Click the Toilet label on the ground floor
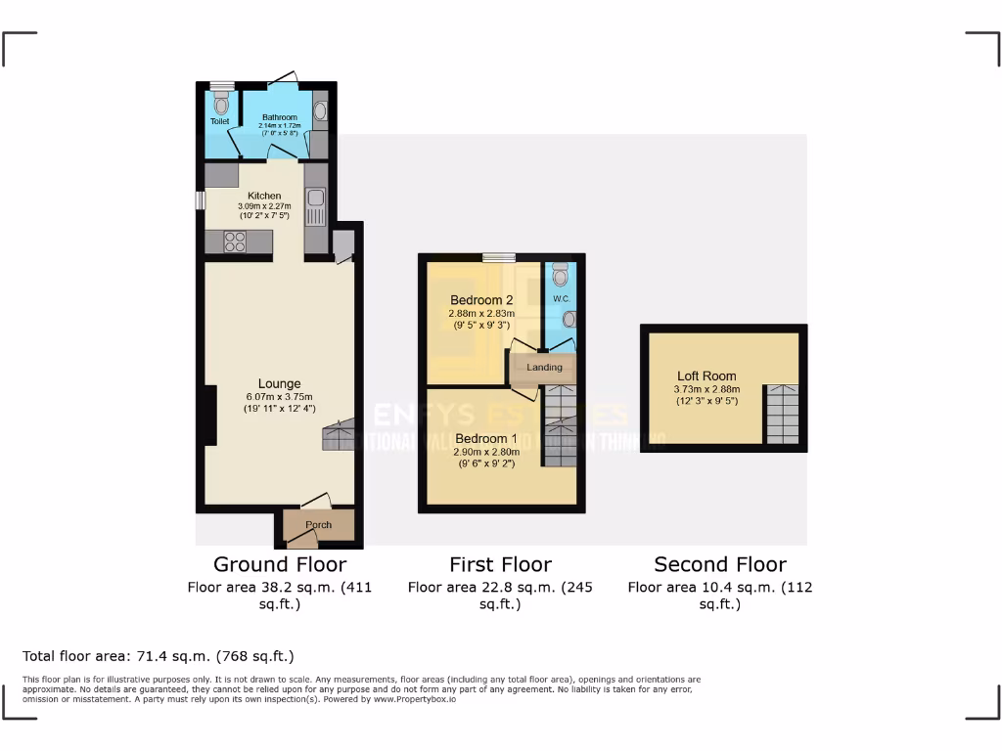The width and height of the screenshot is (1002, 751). (219, 121)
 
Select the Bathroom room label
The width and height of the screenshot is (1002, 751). (279, 117)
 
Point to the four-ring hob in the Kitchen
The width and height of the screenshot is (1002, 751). (235, 243)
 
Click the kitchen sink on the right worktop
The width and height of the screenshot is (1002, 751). (316, 205)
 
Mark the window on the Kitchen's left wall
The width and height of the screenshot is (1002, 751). (200, 199)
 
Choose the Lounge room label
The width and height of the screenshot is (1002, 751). (279, 383)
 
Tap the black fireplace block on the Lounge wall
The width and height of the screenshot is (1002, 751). (209, 417)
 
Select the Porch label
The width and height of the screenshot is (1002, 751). (318, 525)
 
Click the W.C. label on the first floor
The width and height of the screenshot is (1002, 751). (561, 298)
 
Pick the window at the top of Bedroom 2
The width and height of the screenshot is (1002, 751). (498, 257)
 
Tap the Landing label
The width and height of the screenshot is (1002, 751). (544, 368)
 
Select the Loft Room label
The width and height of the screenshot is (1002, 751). (706, 375)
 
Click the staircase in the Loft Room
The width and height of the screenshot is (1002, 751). (782, 415)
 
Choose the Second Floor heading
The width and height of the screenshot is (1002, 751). (719, 564)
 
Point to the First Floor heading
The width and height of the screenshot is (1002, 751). (500, 564)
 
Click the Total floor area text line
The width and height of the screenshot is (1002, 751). (158, 656)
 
